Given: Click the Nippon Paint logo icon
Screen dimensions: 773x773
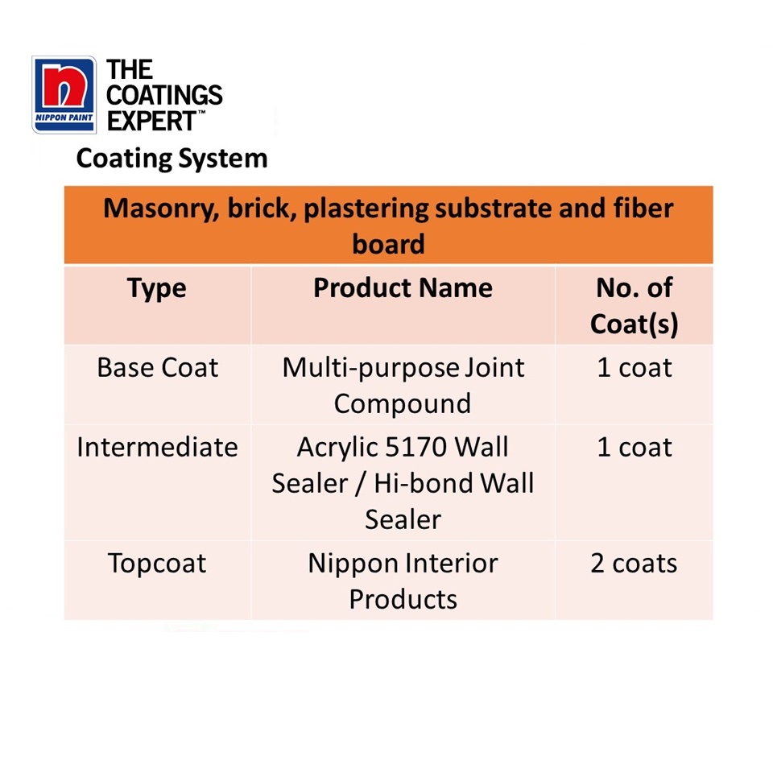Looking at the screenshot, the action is click(x=64, y=93).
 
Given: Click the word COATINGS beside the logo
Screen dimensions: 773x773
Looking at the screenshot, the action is click(x=165, y=95).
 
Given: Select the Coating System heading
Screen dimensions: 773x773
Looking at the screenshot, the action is click(x=172, y=158).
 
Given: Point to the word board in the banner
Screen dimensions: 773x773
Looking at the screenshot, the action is click(x=388, y=244).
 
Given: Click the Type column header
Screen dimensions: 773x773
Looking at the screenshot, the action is click(x=156, y=288).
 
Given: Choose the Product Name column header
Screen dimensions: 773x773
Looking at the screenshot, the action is click(x=403, y=288).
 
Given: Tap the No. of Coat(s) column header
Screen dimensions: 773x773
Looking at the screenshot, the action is click(x=634, y=306).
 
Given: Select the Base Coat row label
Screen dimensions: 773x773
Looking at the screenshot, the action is click(x=157, y=368).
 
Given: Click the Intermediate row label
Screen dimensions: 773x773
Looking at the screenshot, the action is click(x=157, y=447).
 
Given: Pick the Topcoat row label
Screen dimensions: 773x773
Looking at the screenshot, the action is click(x=157, y=564).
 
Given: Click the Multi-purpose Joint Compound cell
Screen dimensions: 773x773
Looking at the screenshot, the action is click(x=403, y=385).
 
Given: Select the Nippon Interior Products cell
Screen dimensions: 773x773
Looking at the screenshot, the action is click(x=403, y=581).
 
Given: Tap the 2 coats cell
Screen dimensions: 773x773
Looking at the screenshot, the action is click(x=634, y=564).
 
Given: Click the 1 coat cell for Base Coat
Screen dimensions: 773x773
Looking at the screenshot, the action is click(x=634, y=368).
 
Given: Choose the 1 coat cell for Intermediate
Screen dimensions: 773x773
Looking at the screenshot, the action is click(x=634, y=447).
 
